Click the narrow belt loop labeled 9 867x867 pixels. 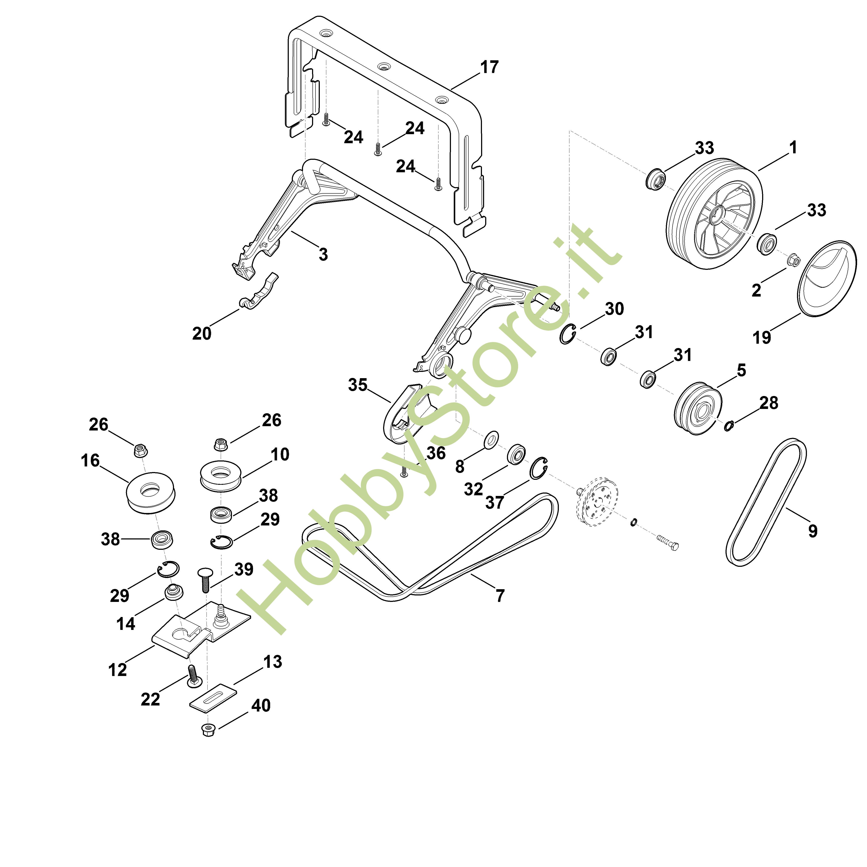[766, 502]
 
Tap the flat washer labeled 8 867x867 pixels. [492, 440]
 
